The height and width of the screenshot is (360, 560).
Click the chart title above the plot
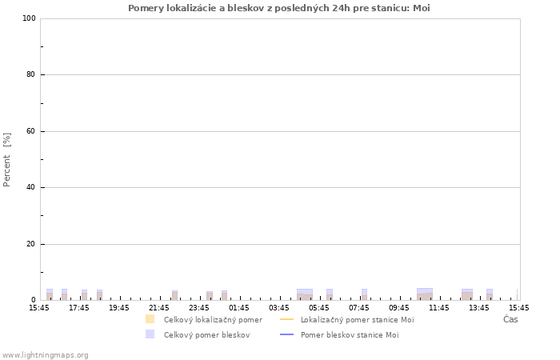point(279,8)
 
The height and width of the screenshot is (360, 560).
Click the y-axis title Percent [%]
point(6,160)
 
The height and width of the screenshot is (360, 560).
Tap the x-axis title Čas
point(510,319)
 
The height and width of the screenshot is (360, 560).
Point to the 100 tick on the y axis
point(30,18)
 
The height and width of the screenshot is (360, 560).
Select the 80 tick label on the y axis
point(31,74)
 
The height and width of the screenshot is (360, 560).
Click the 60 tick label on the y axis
point(31,131)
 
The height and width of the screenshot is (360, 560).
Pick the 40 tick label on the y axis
point(31,187)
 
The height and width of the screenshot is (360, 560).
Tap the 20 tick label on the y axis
point(31,244)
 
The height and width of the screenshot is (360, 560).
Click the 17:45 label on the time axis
point(79,308)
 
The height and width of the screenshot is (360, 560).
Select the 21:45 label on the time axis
point(159,308)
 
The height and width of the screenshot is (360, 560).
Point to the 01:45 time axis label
point(239,308)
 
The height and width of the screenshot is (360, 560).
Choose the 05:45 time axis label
point(319,308)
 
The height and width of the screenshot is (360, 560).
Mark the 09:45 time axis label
point(399,308)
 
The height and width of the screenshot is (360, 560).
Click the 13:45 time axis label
point(479,308)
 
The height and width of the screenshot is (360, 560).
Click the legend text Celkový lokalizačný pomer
point(214,320)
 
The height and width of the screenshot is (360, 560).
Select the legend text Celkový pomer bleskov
point(206,335)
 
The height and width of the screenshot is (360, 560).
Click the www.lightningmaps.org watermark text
point(45,355)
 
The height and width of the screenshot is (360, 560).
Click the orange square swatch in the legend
point(150,319)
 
